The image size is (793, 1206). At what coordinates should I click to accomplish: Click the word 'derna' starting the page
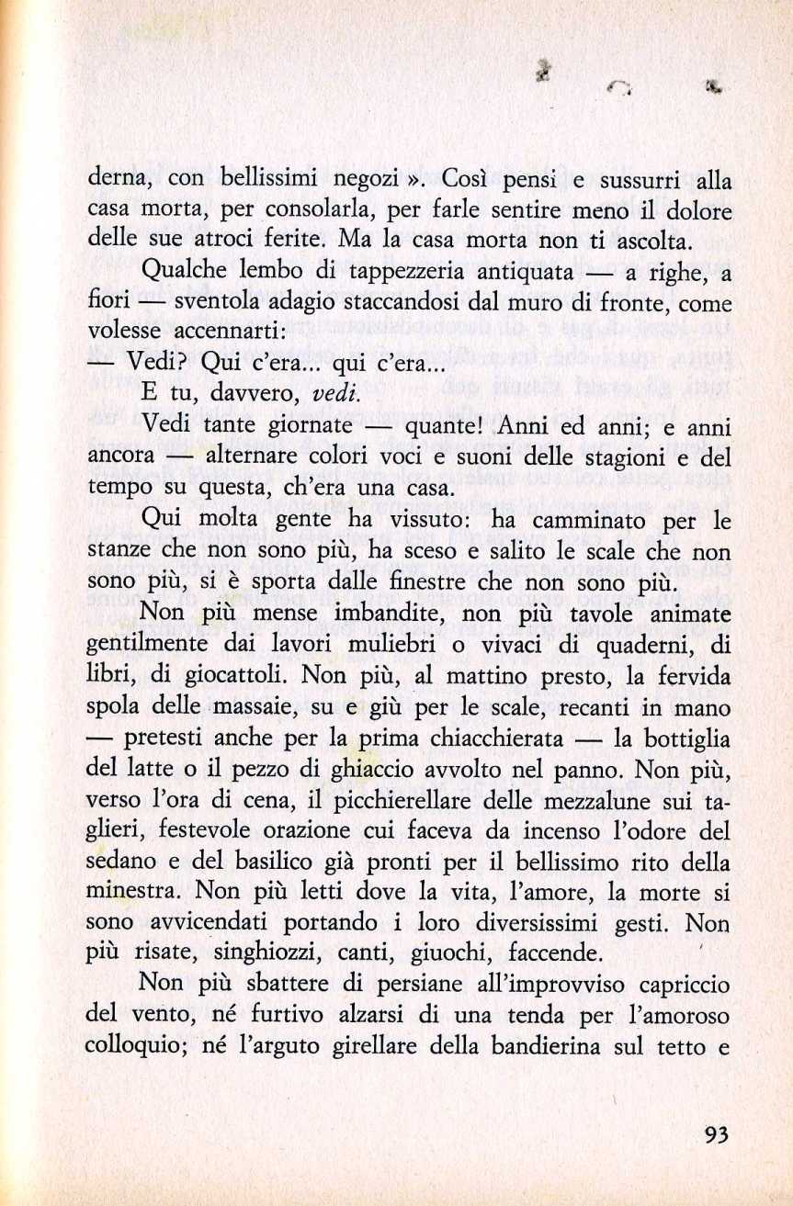tap(117, 179)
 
